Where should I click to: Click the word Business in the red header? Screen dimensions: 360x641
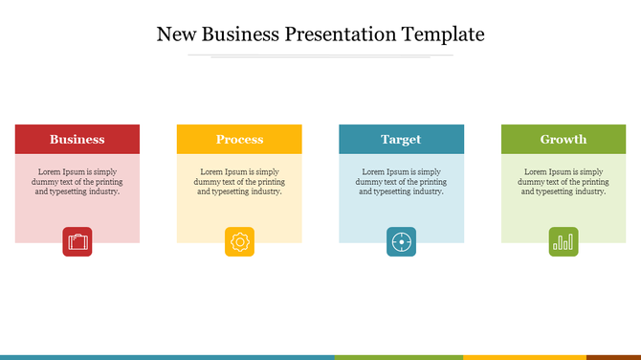[77, 140]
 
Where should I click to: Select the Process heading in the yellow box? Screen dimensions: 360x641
[239, 140]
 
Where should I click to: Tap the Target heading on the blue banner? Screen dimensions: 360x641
[401, 140]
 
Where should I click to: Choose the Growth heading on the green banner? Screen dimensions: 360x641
[564, 140]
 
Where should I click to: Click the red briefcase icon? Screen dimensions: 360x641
[77, 242]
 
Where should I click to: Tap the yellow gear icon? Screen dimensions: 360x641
[239, 242]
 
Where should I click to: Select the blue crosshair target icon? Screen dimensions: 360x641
[402, 242]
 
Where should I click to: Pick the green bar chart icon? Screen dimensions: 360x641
[564, 242]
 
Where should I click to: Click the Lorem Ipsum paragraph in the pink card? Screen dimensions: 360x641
[77, 181]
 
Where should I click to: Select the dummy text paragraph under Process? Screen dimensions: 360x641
[239, 181]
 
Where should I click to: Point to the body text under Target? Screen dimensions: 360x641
[401, 181]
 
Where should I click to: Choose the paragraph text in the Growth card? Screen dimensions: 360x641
[564, 181]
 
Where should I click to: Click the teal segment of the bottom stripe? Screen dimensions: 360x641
[167, 357]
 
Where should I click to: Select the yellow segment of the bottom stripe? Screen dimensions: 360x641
[524, 357]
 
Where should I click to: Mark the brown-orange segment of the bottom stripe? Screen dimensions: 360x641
[613, 357]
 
